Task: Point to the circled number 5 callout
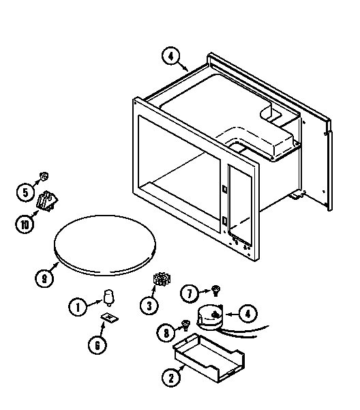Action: pos(25,193)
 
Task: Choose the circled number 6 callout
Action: pos(97,345)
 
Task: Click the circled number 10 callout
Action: pos(25,223)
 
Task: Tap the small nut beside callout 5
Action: pos(44,176)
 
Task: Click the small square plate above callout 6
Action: pos(108,318)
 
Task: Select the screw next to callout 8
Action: pos(184,325)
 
